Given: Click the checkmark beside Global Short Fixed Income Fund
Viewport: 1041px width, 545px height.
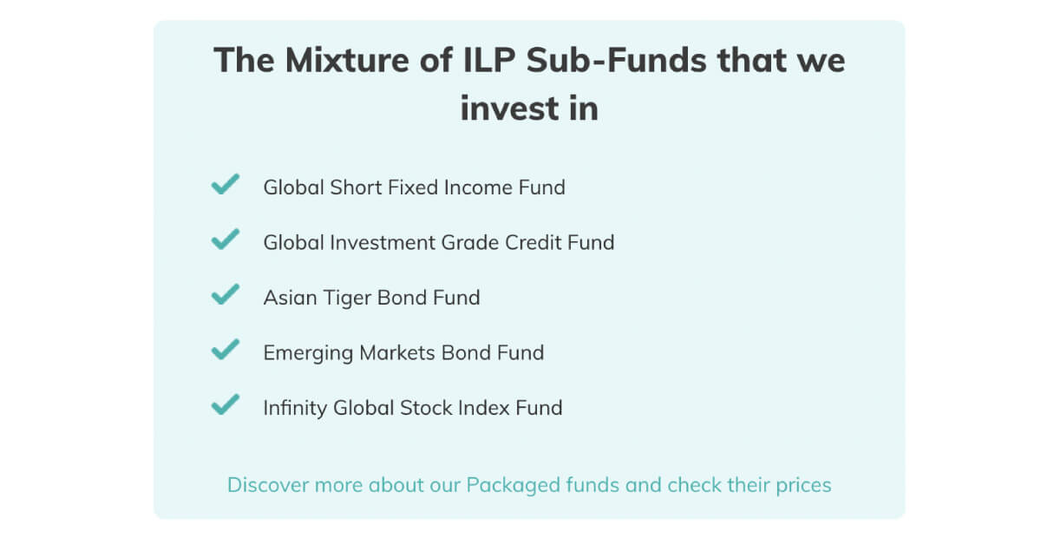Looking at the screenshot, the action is click(x=226, y=185).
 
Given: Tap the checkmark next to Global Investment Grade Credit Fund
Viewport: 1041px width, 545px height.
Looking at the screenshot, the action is click(x=226, y=240).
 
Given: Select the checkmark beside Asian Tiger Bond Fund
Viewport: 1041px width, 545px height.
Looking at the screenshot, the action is click(x=226, y=295).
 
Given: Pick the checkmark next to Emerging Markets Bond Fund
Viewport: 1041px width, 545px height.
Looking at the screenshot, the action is click(x=226, y=350).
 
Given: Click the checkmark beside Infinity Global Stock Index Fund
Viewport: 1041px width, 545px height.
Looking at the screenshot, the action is click(x=226, y=405).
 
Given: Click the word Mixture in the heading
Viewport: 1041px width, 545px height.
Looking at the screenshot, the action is click(x=347, y=61).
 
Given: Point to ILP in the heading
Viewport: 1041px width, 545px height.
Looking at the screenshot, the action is click(x=490, y=61).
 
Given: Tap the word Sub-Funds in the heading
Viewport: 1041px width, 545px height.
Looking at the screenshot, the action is click(x=617, y=61).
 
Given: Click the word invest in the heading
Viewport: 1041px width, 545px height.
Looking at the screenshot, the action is click(x=510, y=108).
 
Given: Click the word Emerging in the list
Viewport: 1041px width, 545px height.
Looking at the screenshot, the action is click(x=308, y=353).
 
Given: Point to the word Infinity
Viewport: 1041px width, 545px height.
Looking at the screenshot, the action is click(x=295, y=408).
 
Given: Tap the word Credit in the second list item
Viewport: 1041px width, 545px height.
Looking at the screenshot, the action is click(x=534, y=243).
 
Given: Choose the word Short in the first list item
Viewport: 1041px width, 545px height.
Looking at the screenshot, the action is click(x=356, y=187).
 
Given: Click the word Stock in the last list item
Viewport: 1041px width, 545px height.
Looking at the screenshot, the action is click(x=426, y=408).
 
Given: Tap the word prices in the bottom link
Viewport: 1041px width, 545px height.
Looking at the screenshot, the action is click(x=803, y=486).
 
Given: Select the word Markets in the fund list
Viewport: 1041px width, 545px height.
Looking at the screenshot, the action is click(x=397, y=353).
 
